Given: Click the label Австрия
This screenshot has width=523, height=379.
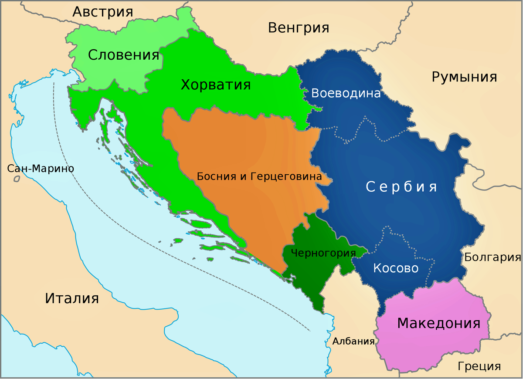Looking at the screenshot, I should point(102,12).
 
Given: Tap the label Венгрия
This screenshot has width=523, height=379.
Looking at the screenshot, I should point(299,28).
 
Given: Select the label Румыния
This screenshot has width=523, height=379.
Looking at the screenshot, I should point(464,77).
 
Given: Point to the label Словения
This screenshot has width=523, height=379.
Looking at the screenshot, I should point(123,55).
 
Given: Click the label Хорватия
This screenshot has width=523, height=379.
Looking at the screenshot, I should point(216,85).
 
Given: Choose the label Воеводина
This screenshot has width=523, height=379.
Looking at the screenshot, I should point(346,94).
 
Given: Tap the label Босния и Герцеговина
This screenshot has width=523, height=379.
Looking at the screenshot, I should point(259,176).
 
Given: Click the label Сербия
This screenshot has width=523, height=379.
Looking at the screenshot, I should point(401,187).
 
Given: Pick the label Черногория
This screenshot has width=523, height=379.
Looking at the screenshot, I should point(323,253).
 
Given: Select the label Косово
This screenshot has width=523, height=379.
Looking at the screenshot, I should point(396,268).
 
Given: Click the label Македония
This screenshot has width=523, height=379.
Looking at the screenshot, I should point(439,324).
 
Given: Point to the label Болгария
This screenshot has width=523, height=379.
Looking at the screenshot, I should point(492,257).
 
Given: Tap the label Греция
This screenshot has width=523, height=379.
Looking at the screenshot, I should point(479,366).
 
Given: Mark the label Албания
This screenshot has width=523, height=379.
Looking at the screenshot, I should point(353,341).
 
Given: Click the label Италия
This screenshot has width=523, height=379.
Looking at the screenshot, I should point(72,298).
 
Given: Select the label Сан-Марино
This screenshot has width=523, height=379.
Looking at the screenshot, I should point(41,169).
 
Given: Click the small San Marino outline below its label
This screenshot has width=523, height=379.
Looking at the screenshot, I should point(17,179).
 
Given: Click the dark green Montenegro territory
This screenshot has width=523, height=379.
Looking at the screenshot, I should point(309,279).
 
